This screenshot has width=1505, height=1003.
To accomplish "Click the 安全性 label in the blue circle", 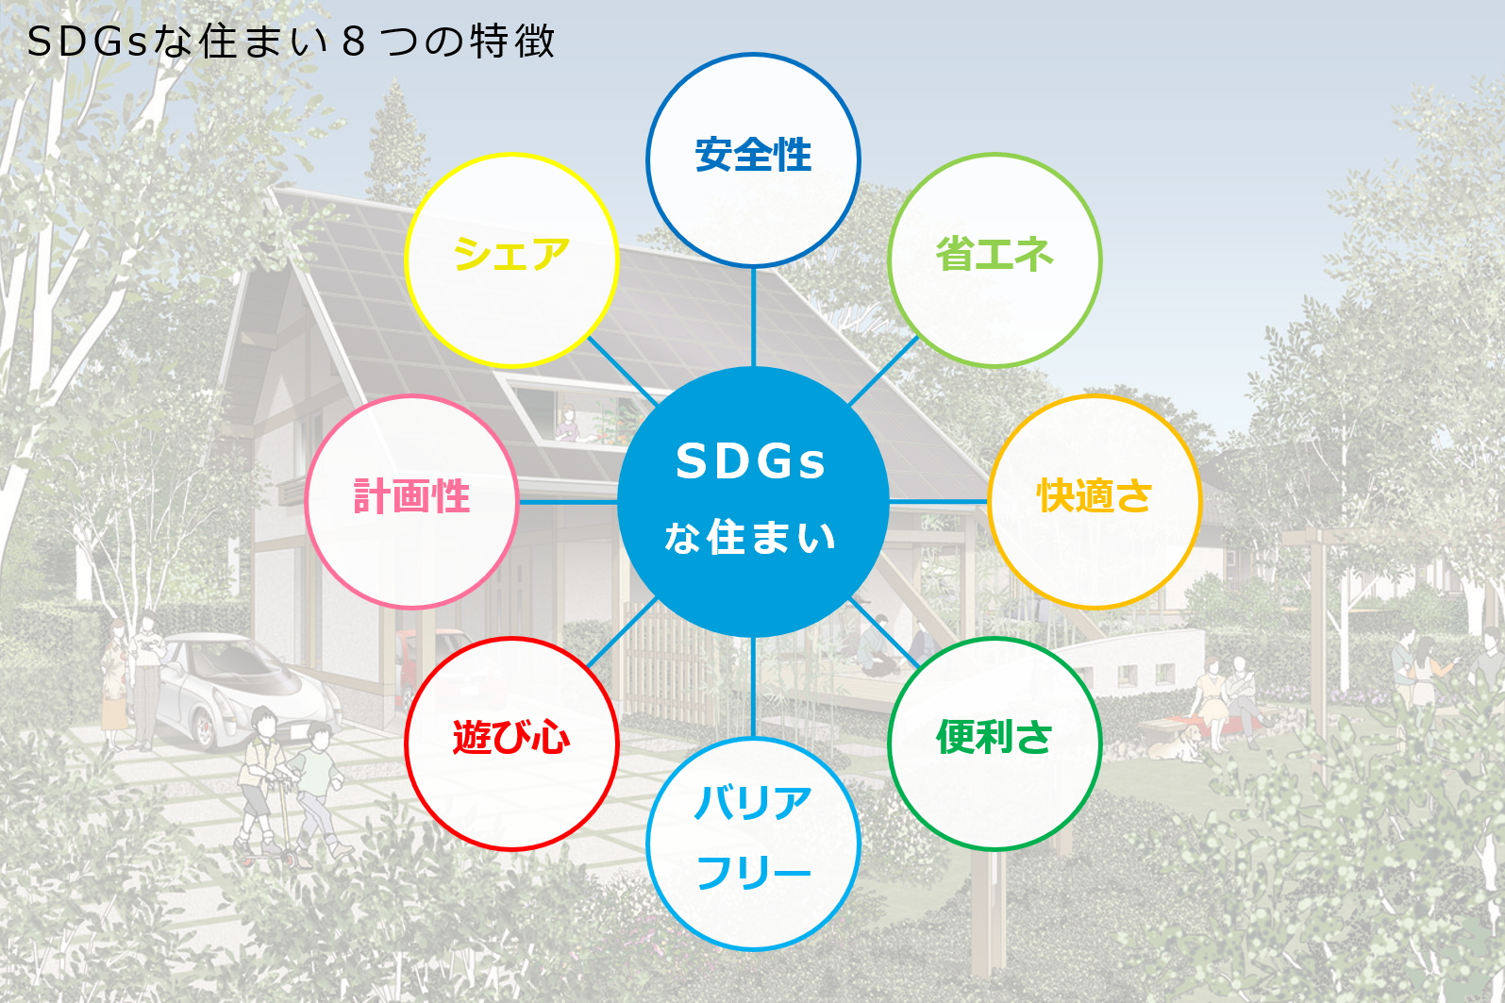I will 753,156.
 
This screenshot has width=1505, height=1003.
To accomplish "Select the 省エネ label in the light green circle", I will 995,255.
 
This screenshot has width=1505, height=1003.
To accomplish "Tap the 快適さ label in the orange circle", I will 1095,496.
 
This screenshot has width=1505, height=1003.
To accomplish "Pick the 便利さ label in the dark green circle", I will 995,738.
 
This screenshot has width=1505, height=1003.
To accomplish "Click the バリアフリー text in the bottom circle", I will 753,838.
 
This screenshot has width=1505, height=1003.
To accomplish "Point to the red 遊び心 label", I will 511,738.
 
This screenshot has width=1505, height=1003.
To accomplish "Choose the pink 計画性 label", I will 411,496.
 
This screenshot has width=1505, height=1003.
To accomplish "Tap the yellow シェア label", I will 511,255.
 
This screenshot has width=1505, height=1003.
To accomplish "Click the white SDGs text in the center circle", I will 751,462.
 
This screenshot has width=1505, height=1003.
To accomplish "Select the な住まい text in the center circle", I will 751,538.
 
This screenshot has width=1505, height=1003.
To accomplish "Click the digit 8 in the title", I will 353,42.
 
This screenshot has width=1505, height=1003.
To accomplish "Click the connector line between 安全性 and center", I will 753,316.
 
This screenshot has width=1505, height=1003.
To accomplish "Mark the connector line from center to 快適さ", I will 939,501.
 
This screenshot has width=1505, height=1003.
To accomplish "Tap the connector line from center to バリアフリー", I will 753,687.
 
